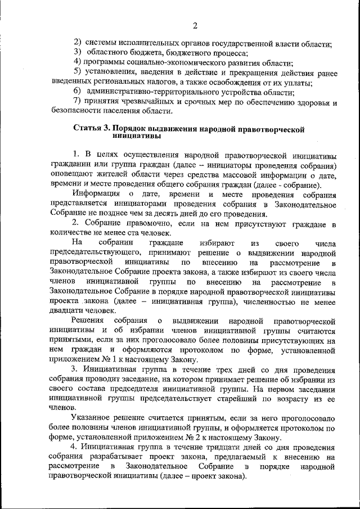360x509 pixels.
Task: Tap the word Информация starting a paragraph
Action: pos(95,195)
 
